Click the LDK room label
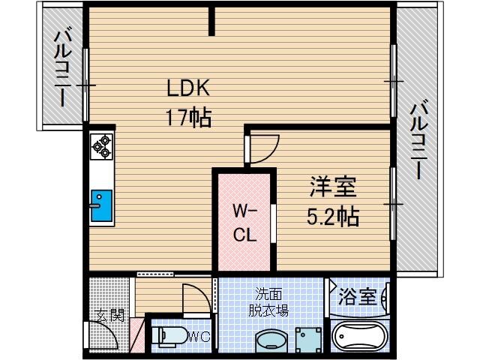[x=188, y=88]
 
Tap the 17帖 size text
[x=188, y=118]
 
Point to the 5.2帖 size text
[x=333, y=217]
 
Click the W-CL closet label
[x=244, y=221]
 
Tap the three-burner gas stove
[x=101, y=146]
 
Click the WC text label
[x=198, y=336]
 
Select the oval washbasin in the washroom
[x=270, y=341]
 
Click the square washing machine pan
[x=307, y=340]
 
